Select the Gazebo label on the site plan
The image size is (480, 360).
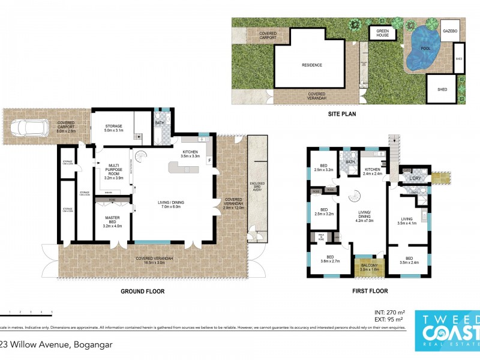(450, 30)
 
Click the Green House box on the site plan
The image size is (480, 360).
(382, 32)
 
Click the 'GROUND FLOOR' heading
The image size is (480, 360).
(143, 291)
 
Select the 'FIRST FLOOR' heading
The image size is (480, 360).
(370, 291)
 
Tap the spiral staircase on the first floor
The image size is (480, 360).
(355, 197)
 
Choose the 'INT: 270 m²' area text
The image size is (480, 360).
(389, 313)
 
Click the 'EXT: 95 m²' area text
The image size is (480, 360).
(389, 320)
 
